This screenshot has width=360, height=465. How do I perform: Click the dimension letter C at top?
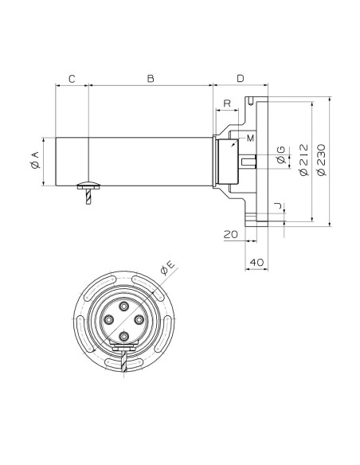click(72, 79)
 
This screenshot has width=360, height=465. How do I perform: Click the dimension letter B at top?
click(151, 79)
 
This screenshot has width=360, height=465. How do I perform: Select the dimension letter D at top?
click(241, 79)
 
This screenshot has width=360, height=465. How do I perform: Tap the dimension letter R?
click(227, 104)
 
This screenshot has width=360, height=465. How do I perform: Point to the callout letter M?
click(251, 139)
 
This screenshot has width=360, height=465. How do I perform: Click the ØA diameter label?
click(35, 160)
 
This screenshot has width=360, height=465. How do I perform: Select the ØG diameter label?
click(280, 154)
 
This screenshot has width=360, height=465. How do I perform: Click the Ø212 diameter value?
click(304, 160)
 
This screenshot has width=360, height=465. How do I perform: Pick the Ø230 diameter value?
click(321, 160)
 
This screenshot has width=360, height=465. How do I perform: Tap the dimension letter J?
click(278, 205)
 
